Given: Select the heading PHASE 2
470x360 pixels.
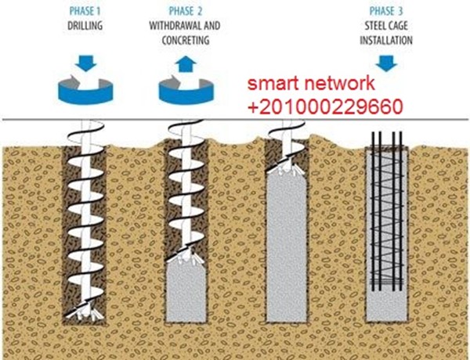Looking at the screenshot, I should point(185,12).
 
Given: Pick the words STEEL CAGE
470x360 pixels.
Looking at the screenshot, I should point(384,24).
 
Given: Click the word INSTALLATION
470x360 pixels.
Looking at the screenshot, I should point(384,37).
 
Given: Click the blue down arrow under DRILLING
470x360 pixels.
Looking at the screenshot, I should point(85,60).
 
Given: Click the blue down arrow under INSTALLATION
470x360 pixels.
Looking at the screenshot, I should point(385,59).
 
